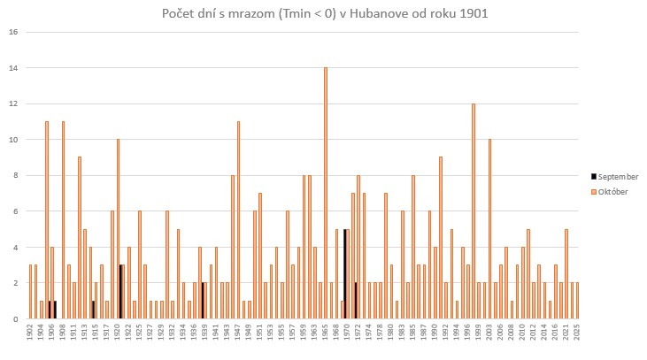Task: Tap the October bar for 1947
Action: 238,220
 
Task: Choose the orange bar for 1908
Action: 63,220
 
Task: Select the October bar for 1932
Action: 166,264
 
